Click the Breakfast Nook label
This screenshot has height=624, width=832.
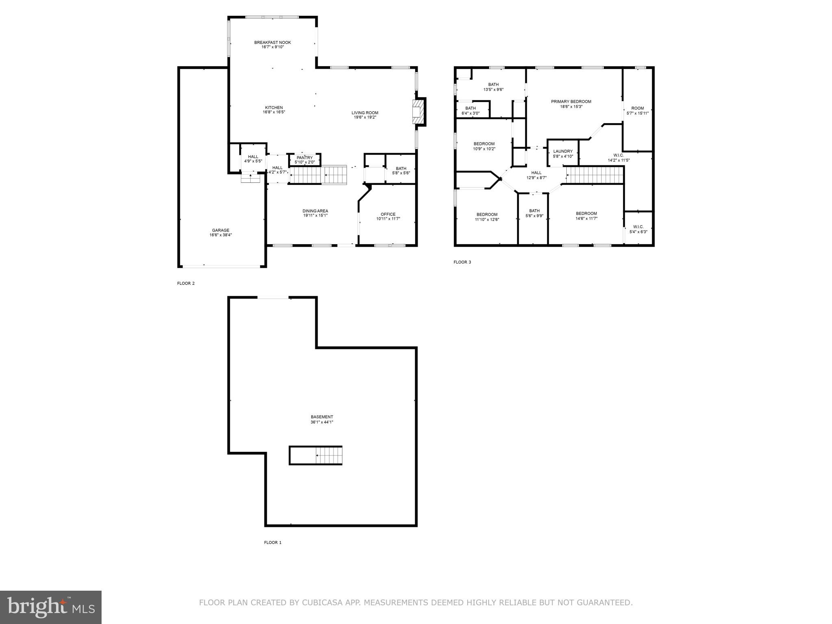[272, 43]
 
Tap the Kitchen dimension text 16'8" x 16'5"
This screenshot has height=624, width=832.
[274, 112]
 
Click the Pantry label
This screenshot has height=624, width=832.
[304, 158]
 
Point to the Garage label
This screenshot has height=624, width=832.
[220, 230]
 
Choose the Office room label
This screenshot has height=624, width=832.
[388, 214]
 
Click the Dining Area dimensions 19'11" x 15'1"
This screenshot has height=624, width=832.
[315, 216]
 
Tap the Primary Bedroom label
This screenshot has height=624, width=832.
[571, 102]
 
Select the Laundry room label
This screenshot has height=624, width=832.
[563, 152]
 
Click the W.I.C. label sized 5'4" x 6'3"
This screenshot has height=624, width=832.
[638, 227]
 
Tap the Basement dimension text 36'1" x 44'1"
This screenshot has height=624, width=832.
[322, 422]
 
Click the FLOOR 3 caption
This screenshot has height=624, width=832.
[462, 262]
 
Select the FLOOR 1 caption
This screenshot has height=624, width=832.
[273, 542]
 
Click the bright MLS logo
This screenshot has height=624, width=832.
[51, 607]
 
